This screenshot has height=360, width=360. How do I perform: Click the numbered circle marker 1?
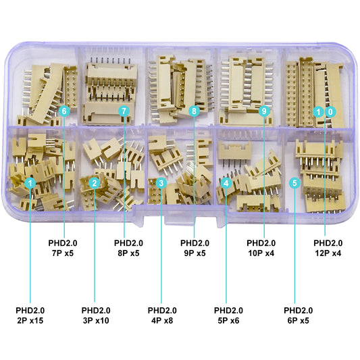pyautogui.click(x=30, y=183)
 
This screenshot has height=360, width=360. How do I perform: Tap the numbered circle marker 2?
pyautogui.click(x=95, y=183)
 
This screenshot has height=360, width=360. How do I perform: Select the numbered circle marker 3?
pyautogui.click(x=161, y=183)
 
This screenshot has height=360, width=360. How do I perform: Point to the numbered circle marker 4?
pyautogui.click(x=226, y=183)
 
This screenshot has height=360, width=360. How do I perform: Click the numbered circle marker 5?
pyautogui.click(x=294, y=183)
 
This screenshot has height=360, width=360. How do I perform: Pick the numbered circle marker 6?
pyautogui.click(x=64, y=110)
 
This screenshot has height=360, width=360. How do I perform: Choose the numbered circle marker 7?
pyautogui.click(x=124, y=110)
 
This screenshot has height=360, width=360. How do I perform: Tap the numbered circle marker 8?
pyautogui.click(x=195, y=110)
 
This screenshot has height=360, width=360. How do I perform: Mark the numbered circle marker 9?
pyautogui.click(x=263, y=110)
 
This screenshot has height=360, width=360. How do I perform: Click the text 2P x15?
pyautogui.click(x=29, y=320)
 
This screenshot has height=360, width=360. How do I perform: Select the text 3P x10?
pyautogui.click(x=95, y=320)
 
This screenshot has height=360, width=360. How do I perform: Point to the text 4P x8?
pyautogui.click(x=161, y=320)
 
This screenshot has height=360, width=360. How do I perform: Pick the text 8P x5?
pyautogui.click(x=128, y=253)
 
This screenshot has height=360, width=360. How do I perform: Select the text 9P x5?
pyautogui.click(x=195, y=253)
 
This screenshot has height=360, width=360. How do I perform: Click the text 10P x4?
pyautogui.click(x=261, y=253)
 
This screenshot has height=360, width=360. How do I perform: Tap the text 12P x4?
pyautogui.click(x=328, y=253)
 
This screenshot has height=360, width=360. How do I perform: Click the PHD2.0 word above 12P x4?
pyautogui.click(x=328, y=242)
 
